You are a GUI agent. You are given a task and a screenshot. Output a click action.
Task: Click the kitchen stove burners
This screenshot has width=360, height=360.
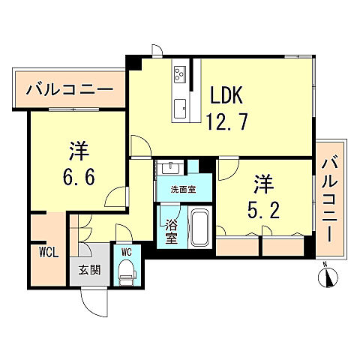[x=181, y=74]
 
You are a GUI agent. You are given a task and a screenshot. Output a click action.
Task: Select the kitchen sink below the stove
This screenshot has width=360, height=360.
[x=181, y=109]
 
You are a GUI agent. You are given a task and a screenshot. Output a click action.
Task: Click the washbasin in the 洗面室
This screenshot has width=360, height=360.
[x=167, y=166]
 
